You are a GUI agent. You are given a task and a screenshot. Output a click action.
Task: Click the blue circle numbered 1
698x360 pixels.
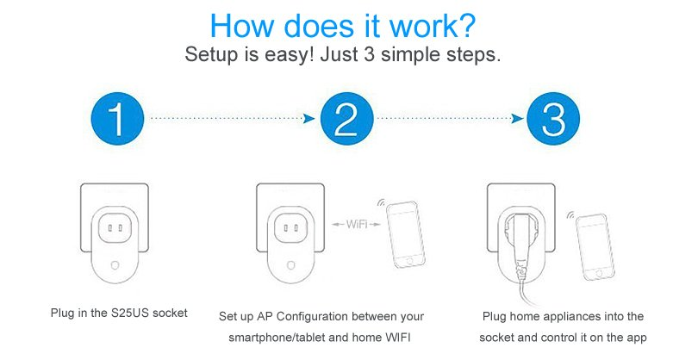(x=117, y=119)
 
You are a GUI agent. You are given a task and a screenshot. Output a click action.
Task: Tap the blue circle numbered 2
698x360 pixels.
(x=346, y=119)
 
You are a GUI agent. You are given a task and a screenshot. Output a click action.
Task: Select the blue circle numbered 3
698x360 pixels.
(x=553, y=119)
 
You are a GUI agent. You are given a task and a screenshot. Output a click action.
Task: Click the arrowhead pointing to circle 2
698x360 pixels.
(x=308, y=118)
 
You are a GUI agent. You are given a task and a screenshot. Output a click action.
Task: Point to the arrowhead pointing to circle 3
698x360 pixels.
(x=517, y=118)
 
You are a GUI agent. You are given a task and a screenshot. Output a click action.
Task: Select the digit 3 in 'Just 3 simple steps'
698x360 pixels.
(x=369, y=55)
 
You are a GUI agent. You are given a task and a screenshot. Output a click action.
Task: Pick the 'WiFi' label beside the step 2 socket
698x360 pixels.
(x=357, y=224)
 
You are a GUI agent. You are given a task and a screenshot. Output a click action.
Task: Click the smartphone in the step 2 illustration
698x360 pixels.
(x=405, y=235)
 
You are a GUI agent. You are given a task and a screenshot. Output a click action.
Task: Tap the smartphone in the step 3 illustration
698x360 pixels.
(x=595, y=247)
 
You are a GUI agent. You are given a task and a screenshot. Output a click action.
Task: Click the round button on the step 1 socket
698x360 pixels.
(x=115, y=265)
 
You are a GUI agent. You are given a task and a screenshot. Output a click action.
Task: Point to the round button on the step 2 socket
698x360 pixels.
(x=290, y=265)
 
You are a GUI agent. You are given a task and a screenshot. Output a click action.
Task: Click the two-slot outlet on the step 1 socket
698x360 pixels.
(x=115, y=228)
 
